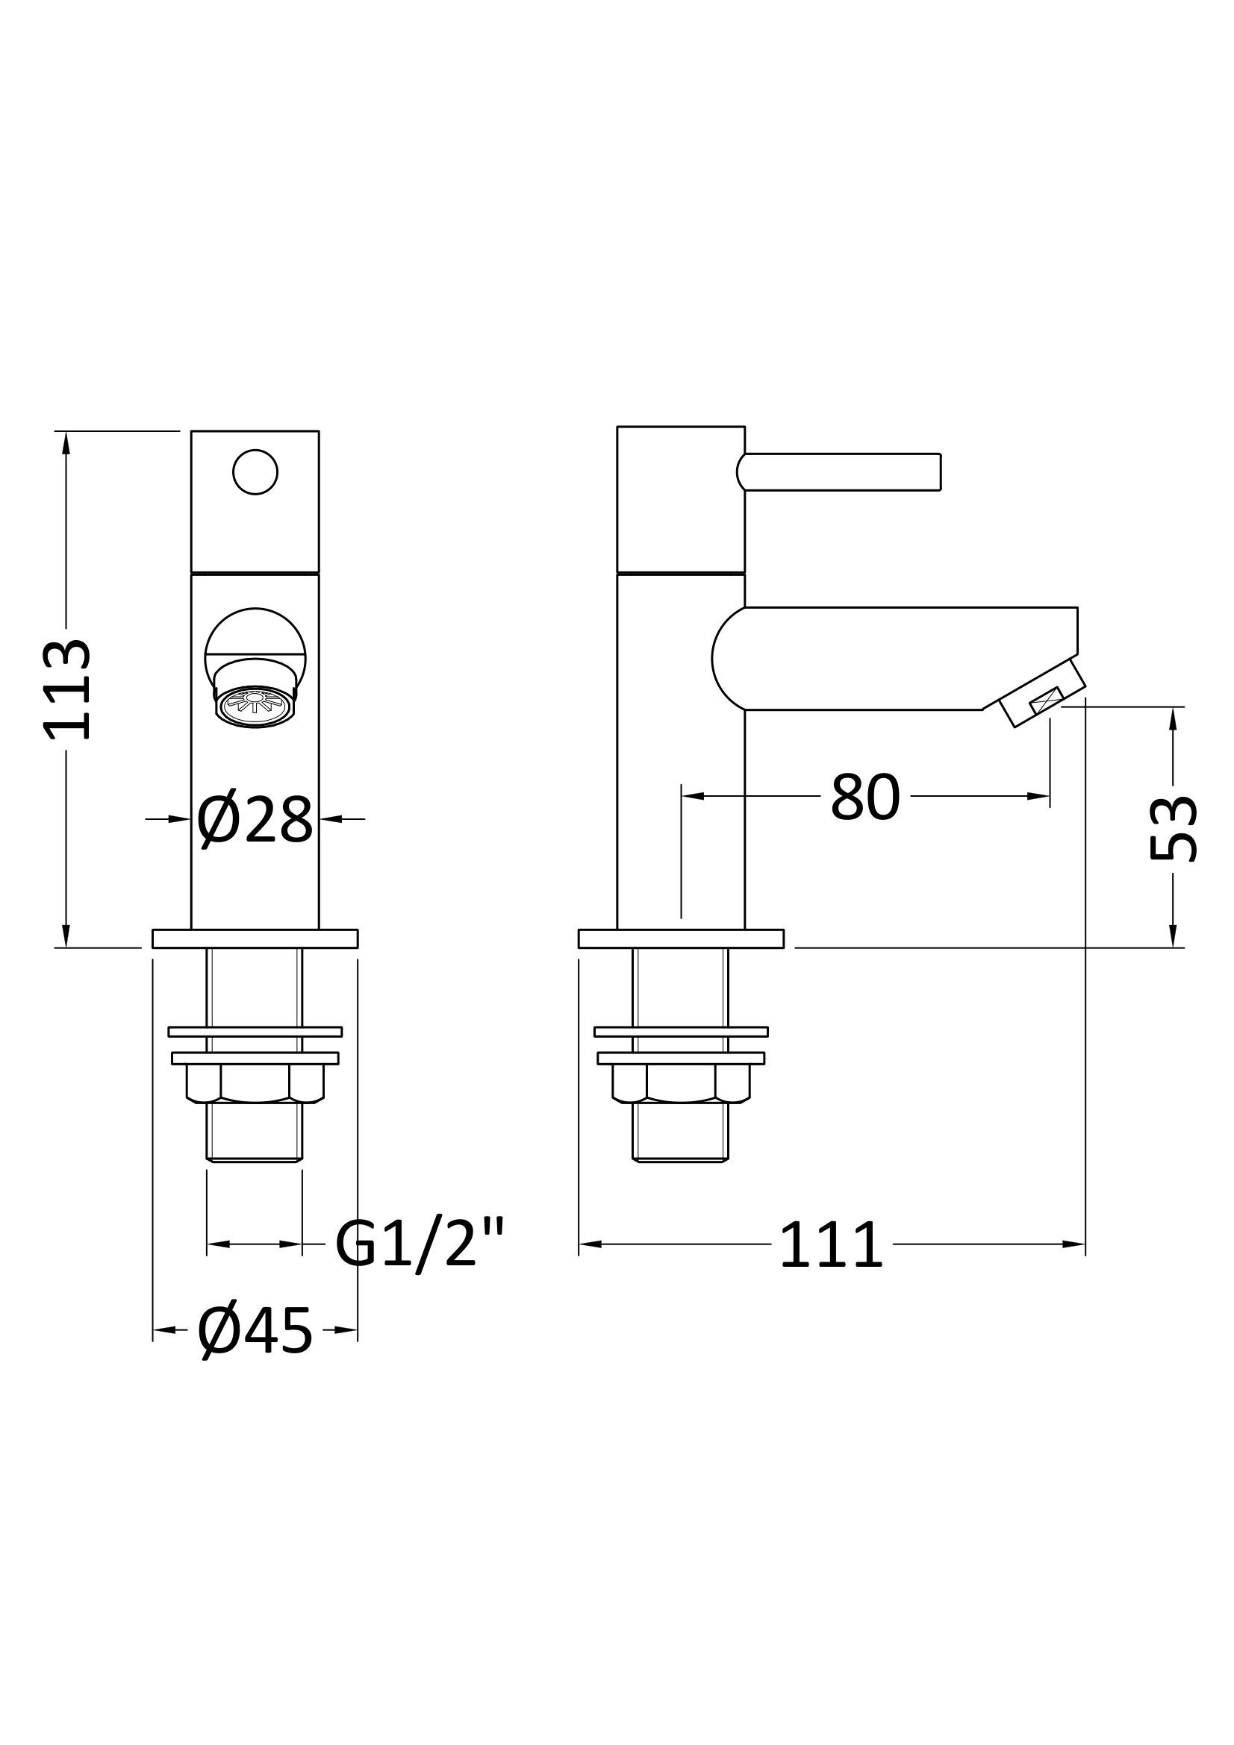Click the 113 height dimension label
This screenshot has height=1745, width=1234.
(66, 690)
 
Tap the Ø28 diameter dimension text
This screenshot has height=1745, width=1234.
(255, 820)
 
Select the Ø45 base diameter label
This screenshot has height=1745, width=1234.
(255, 1332)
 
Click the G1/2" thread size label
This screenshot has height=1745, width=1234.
(419, 1245)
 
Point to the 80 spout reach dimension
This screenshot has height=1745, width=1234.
(865, 798)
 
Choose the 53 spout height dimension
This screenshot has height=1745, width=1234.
(1174, 828)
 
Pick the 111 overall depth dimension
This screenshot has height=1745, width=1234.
(831, 1245)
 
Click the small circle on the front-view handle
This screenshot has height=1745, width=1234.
(255, 472)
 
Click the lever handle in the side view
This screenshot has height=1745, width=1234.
(839, 472)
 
